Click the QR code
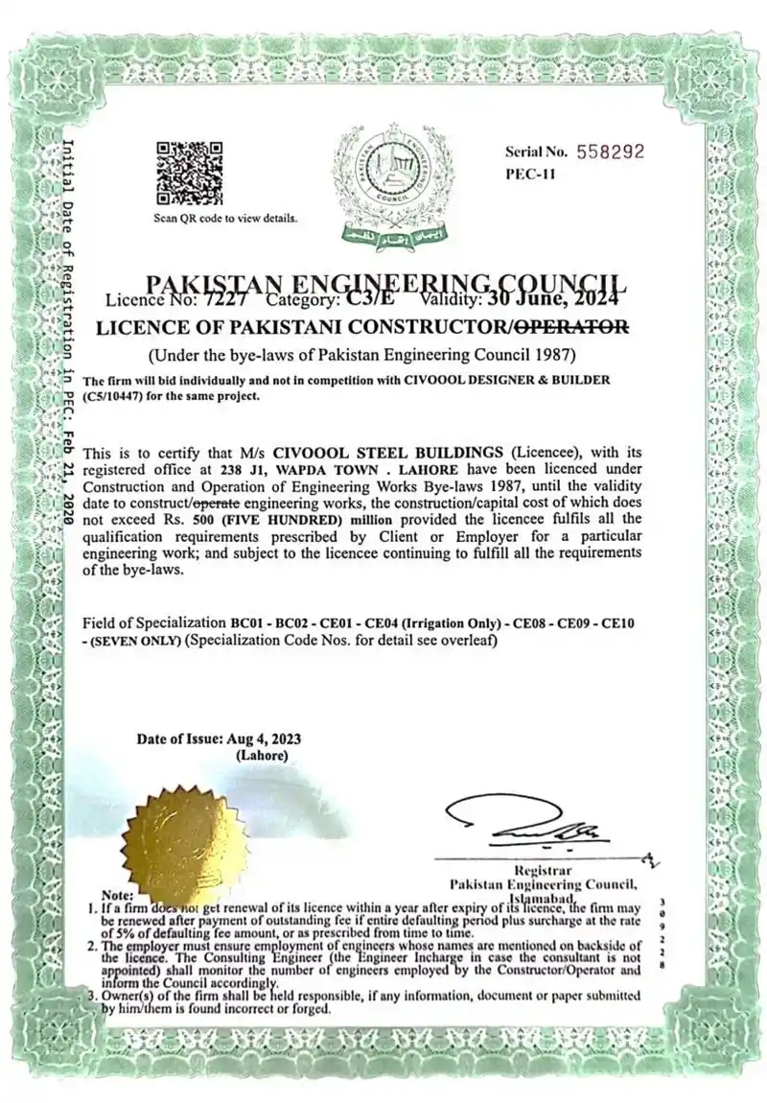pyautogui.click(x=189, y=173)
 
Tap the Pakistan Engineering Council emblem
pyautogui.click(x=388, y=182)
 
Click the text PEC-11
pyautogui.click(x=529, y=175)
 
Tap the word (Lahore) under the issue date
pyautogui.click(x=261, y=755)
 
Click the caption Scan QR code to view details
pyautogui.click(x=226, y=218)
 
